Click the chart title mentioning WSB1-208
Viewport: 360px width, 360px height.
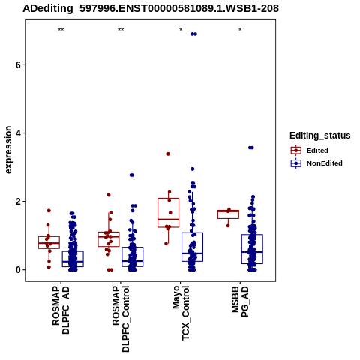pos(151,9)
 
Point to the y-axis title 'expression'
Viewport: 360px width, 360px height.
pos(8,150)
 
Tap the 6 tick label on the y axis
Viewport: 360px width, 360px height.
pos(18,64)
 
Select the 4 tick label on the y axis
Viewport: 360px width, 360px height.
pos(18,133)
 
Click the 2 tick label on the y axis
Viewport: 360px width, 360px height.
pos(18,202)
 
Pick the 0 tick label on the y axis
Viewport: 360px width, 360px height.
pos(18,270)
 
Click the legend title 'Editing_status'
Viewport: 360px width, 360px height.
pos(320,136)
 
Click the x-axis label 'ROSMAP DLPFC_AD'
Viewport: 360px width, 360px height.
pos(61,310)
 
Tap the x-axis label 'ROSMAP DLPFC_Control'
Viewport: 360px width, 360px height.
pos(121,319)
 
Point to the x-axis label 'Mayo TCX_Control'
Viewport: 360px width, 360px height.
pos(181,313)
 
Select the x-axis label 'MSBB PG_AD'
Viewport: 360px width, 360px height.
pos(240,301)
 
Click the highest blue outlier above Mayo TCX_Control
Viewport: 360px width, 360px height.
pos(193,34)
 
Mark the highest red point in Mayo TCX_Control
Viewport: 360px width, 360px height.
pos(168,154)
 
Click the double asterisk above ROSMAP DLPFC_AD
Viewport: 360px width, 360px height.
pos(61,30)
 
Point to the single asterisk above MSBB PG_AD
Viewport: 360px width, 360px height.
pos(240,30)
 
